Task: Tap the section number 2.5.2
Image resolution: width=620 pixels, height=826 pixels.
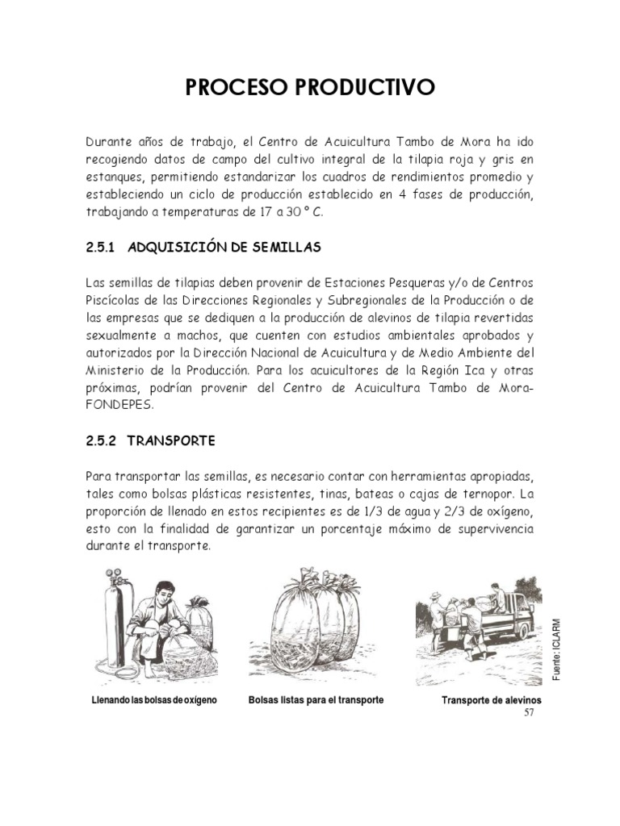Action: click(102, 441)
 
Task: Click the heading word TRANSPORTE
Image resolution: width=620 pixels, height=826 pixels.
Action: click(171, 441)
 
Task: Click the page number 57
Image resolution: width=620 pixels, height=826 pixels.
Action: click(530, 712)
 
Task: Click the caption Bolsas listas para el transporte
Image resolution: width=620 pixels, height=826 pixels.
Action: click(316, 699)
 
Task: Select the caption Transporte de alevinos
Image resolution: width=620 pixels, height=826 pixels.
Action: click(492, 700)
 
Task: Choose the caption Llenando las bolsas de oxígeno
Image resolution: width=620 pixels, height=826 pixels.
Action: click(156, 699)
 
